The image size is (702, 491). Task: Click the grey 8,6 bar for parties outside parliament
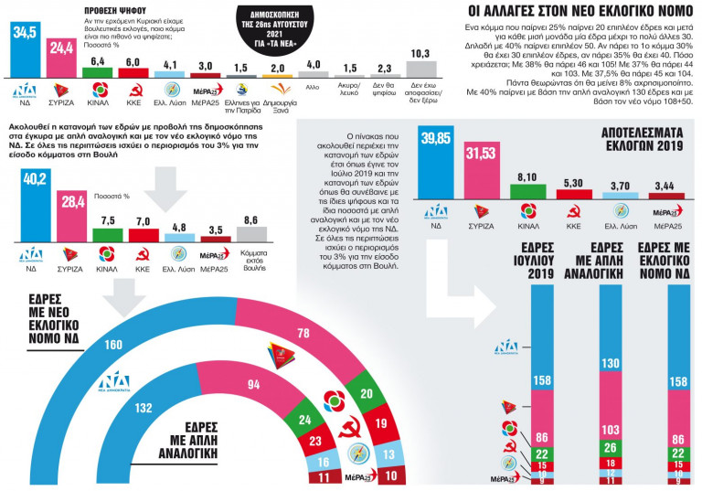pos(252,233)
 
